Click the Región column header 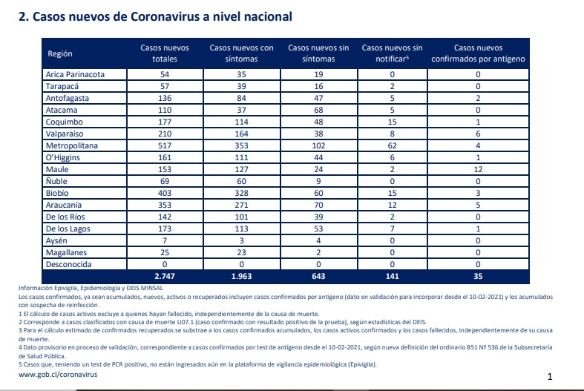60,53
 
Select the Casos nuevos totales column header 165,53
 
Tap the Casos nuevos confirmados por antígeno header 478,53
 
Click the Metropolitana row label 72,145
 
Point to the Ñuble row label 56,181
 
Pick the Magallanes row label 66,252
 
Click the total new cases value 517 165,145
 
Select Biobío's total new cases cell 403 165,193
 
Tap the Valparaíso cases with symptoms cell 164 241,134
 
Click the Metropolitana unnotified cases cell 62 393,145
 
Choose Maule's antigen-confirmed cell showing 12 478,169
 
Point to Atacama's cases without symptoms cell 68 318,110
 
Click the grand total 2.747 165,276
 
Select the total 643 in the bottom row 318,276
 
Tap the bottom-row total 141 393,276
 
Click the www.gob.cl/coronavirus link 58,375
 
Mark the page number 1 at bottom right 550,376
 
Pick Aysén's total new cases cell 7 165,240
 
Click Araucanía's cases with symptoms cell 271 241,205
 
